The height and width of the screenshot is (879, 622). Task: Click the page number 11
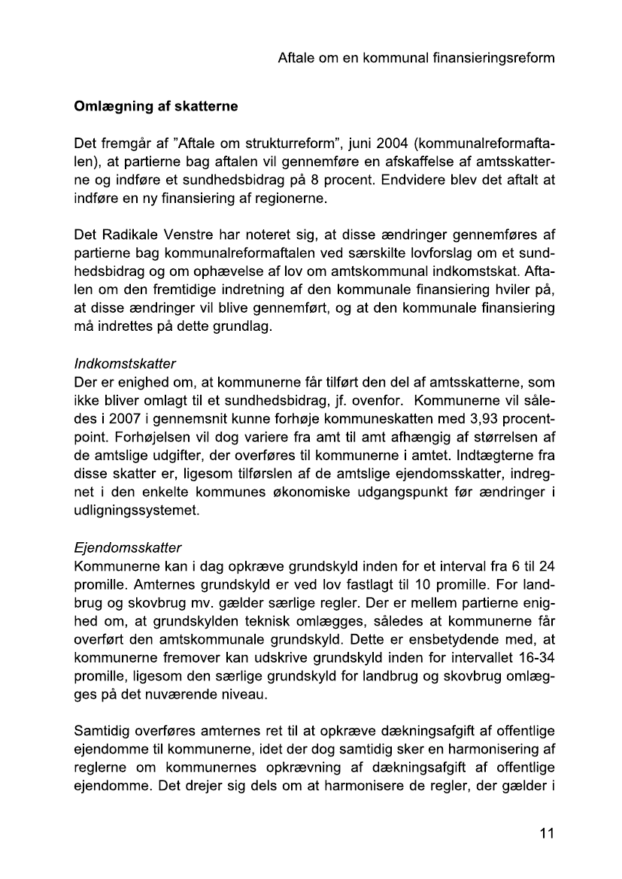tap(547, 833)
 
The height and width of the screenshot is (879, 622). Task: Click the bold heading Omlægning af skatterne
tap(156, 107)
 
